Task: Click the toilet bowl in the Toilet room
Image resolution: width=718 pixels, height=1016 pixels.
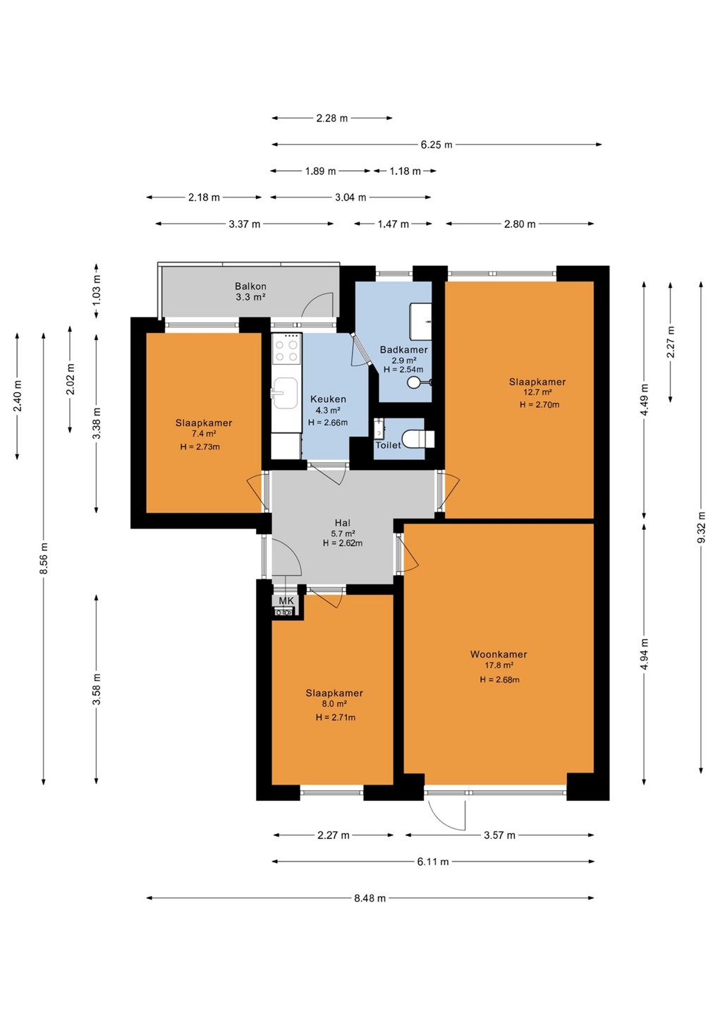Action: (x=418, y=439)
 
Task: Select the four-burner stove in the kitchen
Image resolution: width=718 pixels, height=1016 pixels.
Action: (x=286, y=349)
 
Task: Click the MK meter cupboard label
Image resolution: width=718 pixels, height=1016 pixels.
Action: (x=286, y=600)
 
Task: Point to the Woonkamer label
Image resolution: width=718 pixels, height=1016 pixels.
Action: (x=499, y=654)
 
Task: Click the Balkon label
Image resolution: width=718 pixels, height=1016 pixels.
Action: (x=250, y=286)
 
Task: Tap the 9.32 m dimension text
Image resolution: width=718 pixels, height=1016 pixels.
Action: (x=702, y=527)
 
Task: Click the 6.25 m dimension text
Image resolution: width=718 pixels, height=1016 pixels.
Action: (x=437, y=145)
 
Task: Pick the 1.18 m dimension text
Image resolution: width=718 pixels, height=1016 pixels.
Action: (x=406, y=171)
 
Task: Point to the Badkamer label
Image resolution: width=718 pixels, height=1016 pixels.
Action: (x=404, y=349)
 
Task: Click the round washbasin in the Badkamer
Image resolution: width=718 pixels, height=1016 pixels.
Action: (x=413, y=382)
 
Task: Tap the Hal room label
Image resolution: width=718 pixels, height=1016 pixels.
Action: (x=343, y=523)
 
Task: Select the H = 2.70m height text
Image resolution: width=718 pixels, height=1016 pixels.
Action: (x=540, y=404)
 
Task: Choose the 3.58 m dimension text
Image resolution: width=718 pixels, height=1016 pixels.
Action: (x=96, y=689)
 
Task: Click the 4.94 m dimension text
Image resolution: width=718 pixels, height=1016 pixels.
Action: (x=645, y=653)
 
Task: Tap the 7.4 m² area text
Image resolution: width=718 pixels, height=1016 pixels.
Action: (x=204, y=434)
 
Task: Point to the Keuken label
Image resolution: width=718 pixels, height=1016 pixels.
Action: (x=328, y=399)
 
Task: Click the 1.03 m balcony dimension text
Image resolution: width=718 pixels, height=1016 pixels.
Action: (x=97, y=290)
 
